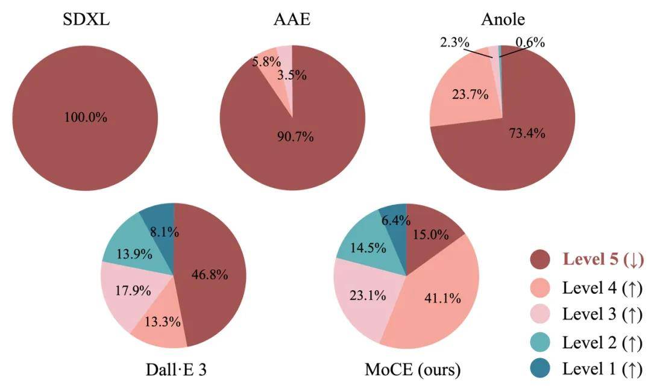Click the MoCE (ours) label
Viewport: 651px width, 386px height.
(412, 369)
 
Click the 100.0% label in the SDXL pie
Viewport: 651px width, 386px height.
(86, 117)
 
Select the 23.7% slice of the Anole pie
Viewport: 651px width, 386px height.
(464, 95)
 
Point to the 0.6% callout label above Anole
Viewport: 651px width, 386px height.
(530, 42)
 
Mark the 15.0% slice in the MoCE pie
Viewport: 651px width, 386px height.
(429, 230)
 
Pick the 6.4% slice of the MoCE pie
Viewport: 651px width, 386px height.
(394, 220)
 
